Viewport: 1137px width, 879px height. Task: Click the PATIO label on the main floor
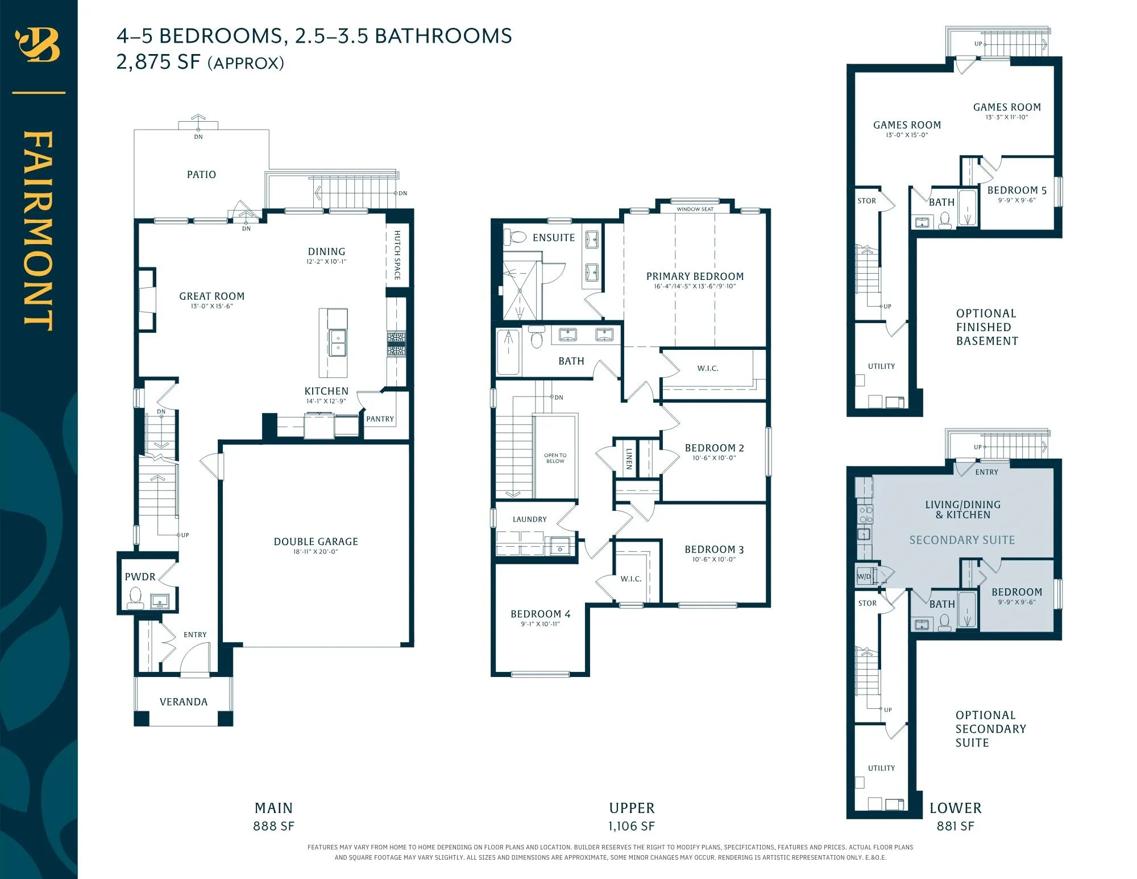click(x=201, y=175)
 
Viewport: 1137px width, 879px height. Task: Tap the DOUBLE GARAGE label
click(x=316, y=542)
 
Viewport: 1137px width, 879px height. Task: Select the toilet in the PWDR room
click(x=135, y=597)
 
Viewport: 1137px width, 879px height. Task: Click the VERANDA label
click(x=184, y=702)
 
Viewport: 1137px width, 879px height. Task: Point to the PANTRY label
click(x=380, y=419)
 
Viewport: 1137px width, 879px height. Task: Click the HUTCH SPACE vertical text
click(x=397, y=255)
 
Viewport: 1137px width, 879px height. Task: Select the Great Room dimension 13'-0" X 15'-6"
click(x=211, y=306)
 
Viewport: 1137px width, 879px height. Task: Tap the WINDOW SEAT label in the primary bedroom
click(x=695, y=209)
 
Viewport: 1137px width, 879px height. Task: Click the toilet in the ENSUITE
click(x=516, y=236)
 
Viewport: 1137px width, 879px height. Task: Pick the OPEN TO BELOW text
click(x=555, y=458)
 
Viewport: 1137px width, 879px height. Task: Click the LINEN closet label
click(x=629, y=459)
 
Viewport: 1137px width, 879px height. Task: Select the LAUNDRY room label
click(x=529, y=519)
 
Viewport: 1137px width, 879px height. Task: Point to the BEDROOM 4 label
click(x=540, y=614)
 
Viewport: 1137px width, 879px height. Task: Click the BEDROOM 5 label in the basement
click(x=1016, y=191)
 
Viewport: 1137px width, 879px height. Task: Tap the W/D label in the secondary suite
click(x=864, y=576)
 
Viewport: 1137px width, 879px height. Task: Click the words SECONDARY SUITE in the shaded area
click(x=962, y=540)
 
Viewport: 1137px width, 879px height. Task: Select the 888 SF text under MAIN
click(x=273, y=826)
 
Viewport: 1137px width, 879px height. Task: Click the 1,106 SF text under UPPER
click(x=631, y=826)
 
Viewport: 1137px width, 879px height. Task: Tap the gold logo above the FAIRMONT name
click(x=38, y=45)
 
